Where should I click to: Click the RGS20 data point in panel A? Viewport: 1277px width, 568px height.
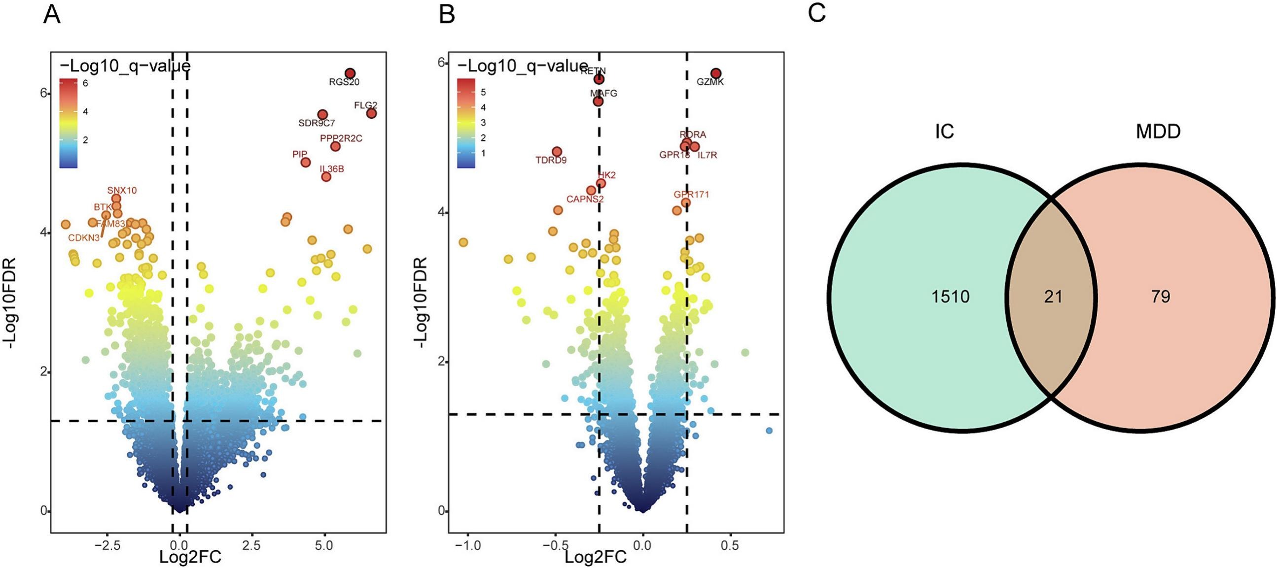[x=350, y=73]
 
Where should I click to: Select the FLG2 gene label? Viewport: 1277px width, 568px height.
[x=365, y=105]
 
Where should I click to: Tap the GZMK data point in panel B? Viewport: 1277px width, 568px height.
[x=715, y=73]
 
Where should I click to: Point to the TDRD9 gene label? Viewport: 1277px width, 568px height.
[x=551, y=161]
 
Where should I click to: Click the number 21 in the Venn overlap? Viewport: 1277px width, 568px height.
[x=1053, y=297]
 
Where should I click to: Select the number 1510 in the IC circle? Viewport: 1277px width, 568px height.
[x=950, y=297]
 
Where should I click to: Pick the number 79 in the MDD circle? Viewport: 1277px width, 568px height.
[x=1161, y=297]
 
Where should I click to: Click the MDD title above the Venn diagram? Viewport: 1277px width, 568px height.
[x=1158, y=132]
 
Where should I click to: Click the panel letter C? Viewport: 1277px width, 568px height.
[x=816, y=13]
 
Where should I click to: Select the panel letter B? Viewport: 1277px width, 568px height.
[x=447, y=15]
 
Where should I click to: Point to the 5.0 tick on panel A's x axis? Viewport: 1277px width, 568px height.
[x=324, y=545]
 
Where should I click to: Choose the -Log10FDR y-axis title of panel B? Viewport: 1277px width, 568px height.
[x=421, y=302]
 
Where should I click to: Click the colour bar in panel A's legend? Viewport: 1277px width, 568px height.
[x=68, y=123]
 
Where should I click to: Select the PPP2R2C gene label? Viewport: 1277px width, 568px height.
[x=341, y=138]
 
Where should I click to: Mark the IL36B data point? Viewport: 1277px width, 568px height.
[x=326, y=177]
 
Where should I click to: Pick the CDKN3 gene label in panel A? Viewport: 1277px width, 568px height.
[x=84, y=238]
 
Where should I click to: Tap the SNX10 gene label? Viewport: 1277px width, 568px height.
[x=122, y=190]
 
